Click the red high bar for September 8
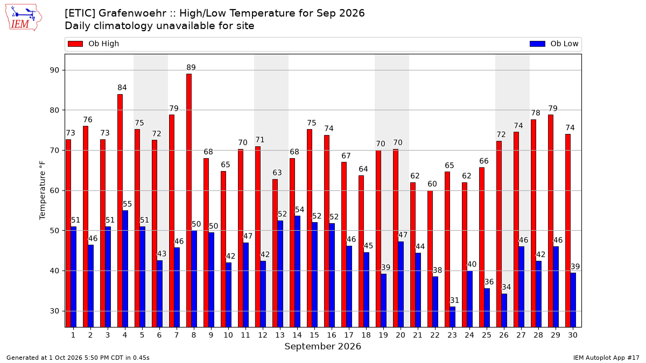coord(189,201)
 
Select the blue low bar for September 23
coord(453,317)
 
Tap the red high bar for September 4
coord(120,211)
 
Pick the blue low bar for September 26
coord(504,311)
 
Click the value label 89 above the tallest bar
coord(191,67)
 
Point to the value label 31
coord(454,300)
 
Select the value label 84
coord(122,88)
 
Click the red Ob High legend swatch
coord(75,44)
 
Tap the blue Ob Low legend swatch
coord(537,44)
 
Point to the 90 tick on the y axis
coord(54,70)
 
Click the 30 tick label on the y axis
coord(54,311)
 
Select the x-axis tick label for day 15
coord(314,335)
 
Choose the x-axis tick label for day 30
coord(573,335)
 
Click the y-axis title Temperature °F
coord(43,190)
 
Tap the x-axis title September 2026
coord(322,346)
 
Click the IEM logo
coord(23,18)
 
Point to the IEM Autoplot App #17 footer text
coord(606,358)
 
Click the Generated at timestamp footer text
coord(78,358)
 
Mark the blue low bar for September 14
coord(298,272)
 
